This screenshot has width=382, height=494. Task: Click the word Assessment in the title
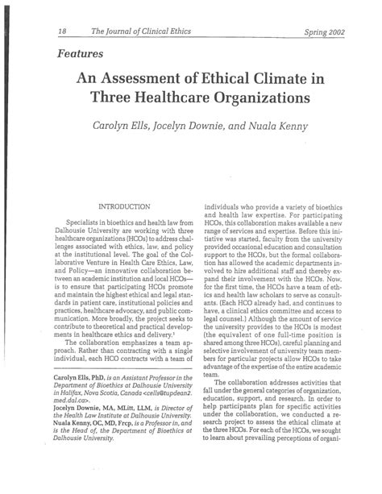148,81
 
